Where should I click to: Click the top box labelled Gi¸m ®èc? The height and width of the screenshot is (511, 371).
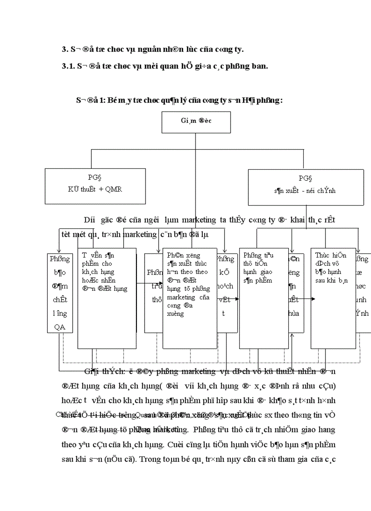196,121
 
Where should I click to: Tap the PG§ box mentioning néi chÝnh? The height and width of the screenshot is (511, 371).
306,187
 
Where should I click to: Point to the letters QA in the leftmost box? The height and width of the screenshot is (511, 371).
60,326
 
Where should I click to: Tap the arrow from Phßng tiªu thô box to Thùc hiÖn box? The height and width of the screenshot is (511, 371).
300,299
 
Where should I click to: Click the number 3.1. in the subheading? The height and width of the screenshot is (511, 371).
68,66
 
